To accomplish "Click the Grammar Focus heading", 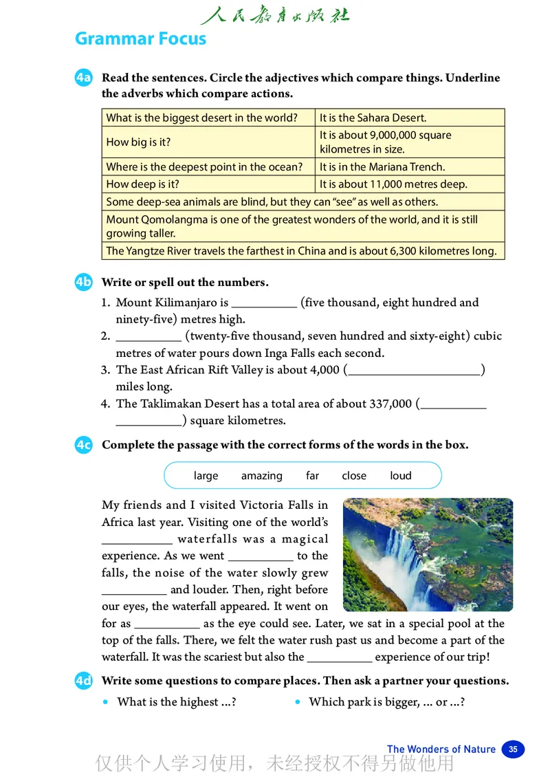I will click(x=140, y=39).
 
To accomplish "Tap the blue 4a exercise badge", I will click(x=83, y=78).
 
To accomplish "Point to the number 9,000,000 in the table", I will click(x=392, y=135).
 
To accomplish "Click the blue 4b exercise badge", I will click(x=83, y=282).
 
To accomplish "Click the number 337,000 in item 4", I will click(x=390, y=404).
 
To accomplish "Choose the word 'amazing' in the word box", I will click(x=261, y=476).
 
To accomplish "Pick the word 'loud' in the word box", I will click(x=401, y=476).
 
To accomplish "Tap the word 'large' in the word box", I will click(x=206, y=476).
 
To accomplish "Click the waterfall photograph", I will click(x=428, y=554).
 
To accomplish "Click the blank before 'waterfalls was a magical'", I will click(x=137, y=540).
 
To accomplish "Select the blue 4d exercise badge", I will click(x=83, y=681).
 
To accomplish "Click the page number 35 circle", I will click(x=513, y=749).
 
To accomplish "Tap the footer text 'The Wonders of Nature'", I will click(x=441, y=749).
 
